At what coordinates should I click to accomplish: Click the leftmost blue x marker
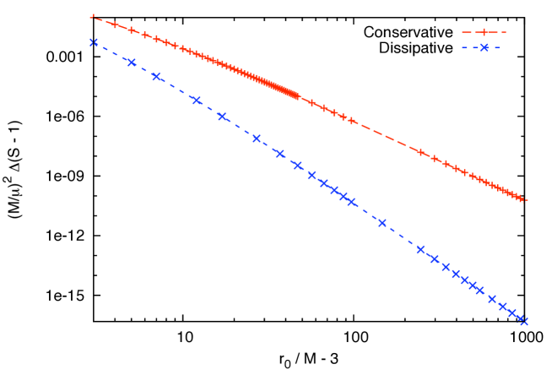tap(94, 42)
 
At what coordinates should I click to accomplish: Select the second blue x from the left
tap(132, 63)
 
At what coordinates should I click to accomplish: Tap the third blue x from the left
tap(156, 77)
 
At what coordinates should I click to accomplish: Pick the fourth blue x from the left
tap(197, 101)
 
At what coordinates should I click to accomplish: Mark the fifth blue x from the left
tap(222, 117)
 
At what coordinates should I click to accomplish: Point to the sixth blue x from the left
tap(257, 139)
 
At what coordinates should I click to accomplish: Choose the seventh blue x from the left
tap(279, 154)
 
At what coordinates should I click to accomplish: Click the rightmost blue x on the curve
tap(523, 321)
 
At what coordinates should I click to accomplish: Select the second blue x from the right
tap(512, 313)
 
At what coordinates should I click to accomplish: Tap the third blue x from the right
tap(502, 307)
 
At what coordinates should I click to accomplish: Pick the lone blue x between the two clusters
tap(382, 223)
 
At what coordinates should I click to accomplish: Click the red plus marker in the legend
tap(484, 32)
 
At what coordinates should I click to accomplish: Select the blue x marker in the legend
tap(484, 47)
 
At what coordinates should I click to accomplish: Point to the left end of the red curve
tap(92, 16)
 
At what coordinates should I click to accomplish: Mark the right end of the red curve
tap(525, 200)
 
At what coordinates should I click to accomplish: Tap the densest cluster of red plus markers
tap(279, 86)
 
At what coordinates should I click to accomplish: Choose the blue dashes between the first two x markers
tap(113, 52)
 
